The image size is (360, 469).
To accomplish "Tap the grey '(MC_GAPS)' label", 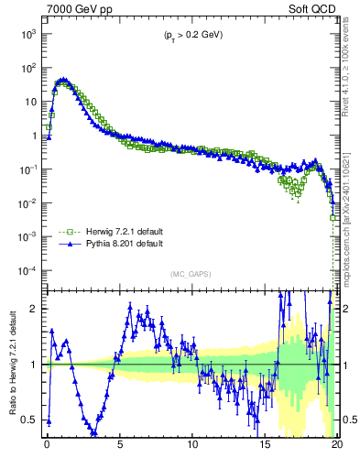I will coord(192,273).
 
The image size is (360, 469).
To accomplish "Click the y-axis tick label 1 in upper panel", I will coord(34,136).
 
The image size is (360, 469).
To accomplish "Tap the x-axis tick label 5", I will coord(120,449).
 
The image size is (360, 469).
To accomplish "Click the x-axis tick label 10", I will coord(192,449).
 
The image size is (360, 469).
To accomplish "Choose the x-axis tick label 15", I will coord(266,449).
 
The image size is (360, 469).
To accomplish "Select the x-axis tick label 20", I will coord(336,449).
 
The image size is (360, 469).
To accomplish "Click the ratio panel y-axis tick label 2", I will coord(35,309).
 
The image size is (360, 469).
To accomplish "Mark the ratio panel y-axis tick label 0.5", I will coord(30,420).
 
